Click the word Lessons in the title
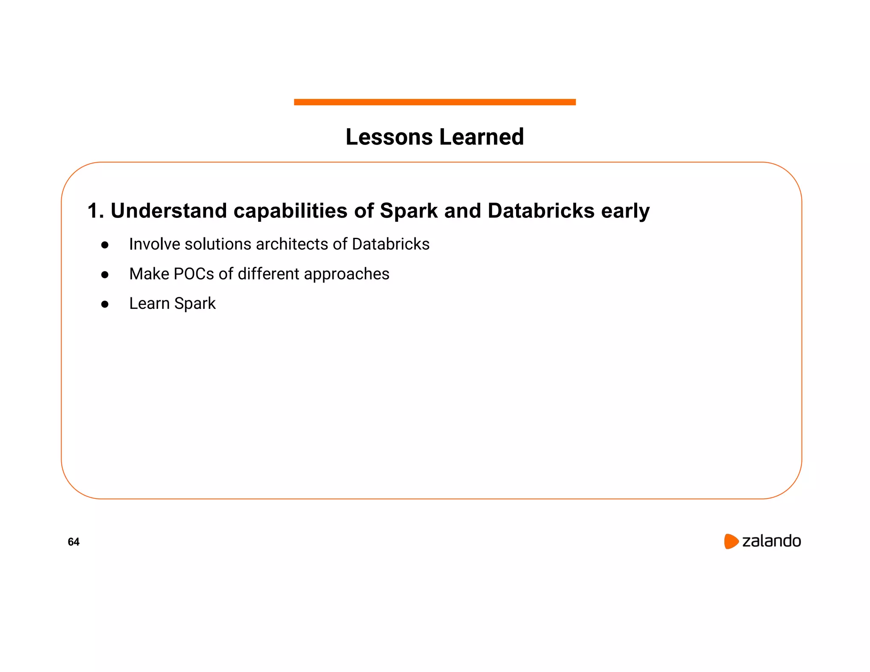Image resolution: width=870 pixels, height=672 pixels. point(389,137)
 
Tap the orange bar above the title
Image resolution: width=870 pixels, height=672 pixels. point(435,102)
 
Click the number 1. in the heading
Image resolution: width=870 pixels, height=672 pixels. point(96,211)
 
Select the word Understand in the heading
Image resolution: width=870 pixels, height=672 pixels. point(169,211)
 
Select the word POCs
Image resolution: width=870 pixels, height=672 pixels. point(193,274)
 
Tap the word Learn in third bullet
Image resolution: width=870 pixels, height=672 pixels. point(149,304)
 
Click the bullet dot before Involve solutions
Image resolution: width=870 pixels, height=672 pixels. point(105,245)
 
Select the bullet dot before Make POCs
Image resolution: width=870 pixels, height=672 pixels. point(105,275)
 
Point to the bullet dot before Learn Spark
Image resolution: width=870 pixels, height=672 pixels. point(105,305)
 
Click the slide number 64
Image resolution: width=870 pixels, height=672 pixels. point(73,542)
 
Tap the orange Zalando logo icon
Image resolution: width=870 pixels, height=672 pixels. point(731,541)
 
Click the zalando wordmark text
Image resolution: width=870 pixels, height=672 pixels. point(771,541)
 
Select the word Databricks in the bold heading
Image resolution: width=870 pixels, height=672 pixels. point(541,211)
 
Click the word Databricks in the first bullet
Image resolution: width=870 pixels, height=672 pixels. point(391,244)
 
